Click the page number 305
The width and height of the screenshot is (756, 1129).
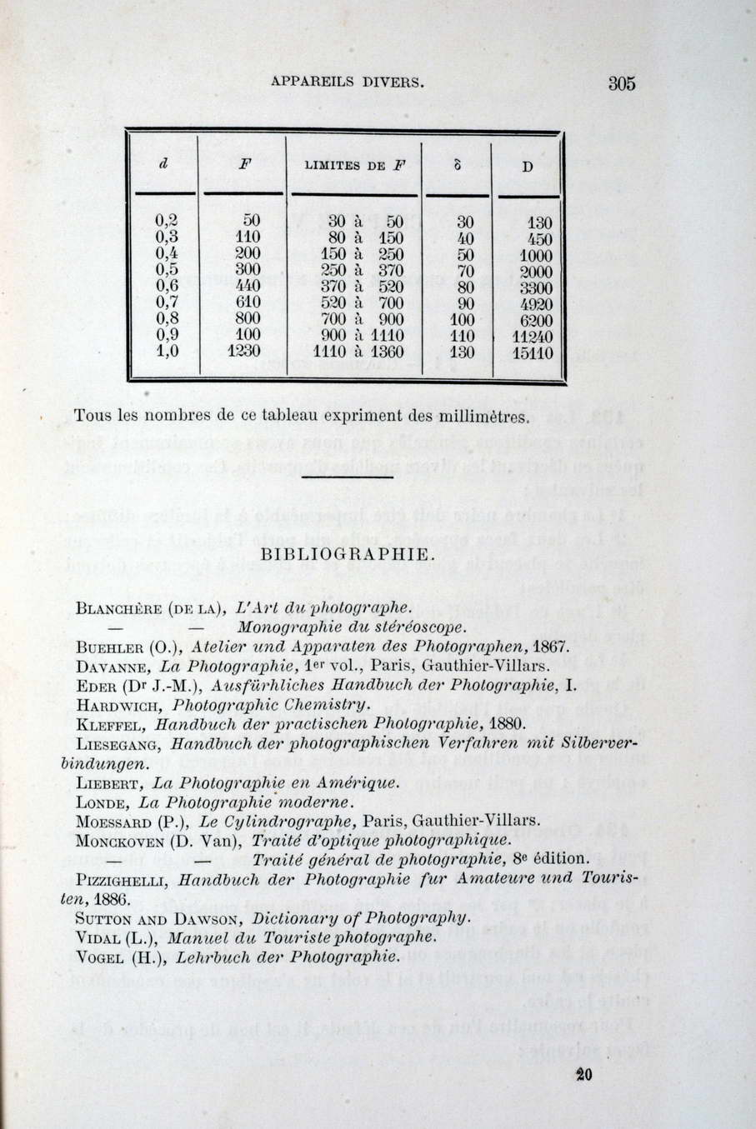pos(622,83)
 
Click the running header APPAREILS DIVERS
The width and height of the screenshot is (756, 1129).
pos(348,82)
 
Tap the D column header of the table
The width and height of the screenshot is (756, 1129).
pos(527,167)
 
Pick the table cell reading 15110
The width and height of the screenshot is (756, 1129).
pos(531,353)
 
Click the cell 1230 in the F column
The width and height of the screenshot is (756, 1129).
pos(244,352)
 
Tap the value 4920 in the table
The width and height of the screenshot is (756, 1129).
pos(535,304)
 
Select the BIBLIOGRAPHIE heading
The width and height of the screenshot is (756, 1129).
pos(347,555)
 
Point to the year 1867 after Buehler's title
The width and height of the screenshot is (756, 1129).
pos(549,647)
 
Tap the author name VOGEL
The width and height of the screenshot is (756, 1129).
pos(100,957)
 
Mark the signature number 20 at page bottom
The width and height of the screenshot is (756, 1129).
pos(583,1076)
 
